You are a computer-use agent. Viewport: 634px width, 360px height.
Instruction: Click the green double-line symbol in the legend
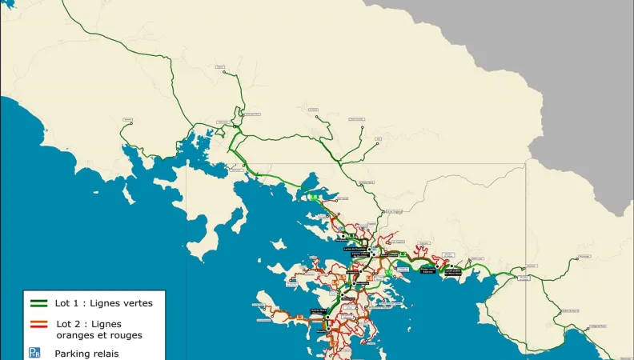tap(38, 303)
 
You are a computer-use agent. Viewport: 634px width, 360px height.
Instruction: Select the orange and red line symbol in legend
tap(38, 324)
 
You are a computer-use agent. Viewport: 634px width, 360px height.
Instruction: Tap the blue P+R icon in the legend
tap(34, 352)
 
